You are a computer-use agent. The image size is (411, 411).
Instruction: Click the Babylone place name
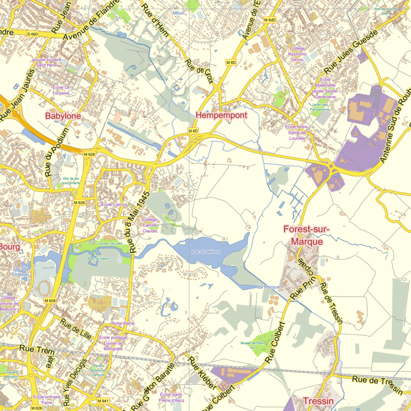(63, 116)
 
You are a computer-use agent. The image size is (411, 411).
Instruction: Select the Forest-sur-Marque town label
(306, 235)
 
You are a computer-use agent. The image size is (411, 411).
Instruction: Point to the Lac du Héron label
(202, 252)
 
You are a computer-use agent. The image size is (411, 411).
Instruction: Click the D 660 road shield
(32, 34)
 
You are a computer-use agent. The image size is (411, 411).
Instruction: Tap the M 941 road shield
(103, 400)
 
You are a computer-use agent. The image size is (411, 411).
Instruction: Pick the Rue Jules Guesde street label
(351, 51)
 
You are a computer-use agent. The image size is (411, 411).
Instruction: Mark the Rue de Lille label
(76, 329)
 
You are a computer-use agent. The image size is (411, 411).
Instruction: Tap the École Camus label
(114, 204)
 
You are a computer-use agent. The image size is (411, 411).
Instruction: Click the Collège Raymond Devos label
(297, 54)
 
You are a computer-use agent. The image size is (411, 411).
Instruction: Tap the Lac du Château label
(21, 272)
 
